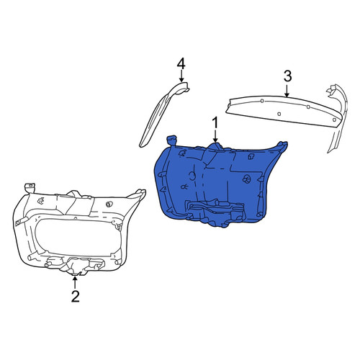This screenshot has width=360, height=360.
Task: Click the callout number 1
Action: [215, 123]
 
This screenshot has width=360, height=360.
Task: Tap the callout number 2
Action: [76, 297]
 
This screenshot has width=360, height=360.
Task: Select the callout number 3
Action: [288, 76]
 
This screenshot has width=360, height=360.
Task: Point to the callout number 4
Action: [181, 64]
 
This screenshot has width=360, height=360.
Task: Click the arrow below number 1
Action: [215, 136]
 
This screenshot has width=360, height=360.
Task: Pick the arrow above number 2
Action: [75, 282]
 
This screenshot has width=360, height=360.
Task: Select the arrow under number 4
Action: [181, 76]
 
